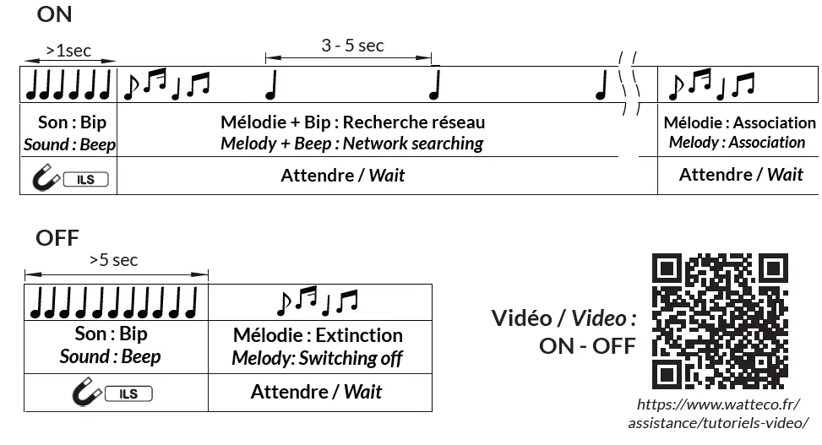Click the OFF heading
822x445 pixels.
click(x=57, y=238)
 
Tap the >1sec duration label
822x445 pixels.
click(x=68, y=51)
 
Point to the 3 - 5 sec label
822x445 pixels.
click(x=352, y=46)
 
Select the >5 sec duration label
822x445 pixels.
click(x=113, y=260)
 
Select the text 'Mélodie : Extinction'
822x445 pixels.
click(x=318, y=335)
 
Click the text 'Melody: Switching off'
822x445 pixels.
click(x=318, y=358)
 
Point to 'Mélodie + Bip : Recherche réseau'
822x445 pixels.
click(x=352, y=122)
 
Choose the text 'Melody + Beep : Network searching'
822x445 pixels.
click(x=351, y=144)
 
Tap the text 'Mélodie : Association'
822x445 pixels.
click(x=739, y=123)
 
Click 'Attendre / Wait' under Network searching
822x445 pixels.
click(x=342, y=176)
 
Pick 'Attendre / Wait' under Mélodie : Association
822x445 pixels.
click(x=741, y=175)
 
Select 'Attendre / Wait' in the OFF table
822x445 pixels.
click(x=316, y=392)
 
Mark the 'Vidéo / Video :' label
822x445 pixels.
click(x=563, y=318)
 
